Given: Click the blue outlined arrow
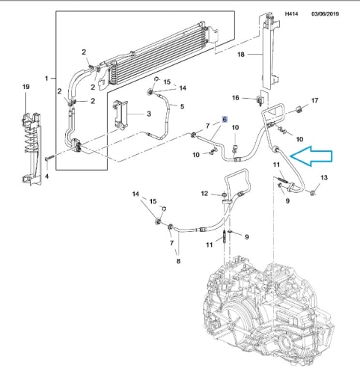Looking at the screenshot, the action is [312, 156].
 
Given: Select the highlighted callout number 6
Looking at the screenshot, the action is [225, 120].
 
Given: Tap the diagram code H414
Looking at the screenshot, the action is [291, 13].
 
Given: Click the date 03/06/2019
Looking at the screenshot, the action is [325, 13].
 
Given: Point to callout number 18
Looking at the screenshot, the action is [241, 54].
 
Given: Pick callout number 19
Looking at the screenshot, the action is [26, 87].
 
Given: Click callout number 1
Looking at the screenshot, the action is [46, 79].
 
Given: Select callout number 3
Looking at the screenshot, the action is [149, 114].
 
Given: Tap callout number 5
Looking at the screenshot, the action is [182, 106].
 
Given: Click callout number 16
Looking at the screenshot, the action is [236, 98].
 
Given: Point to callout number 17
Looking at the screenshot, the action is [315, 100].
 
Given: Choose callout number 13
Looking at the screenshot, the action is [324, 177].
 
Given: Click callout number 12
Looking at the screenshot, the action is [204, 194].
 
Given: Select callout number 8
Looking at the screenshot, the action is [178, 261].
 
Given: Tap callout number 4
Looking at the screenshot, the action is [47, 177].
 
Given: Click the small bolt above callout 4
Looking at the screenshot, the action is [50, 158].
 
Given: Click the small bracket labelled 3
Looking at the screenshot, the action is [121, 114].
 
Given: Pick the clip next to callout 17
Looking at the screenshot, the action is [299, 109].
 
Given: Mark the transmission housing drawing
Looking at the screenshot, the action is [269, 309].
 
